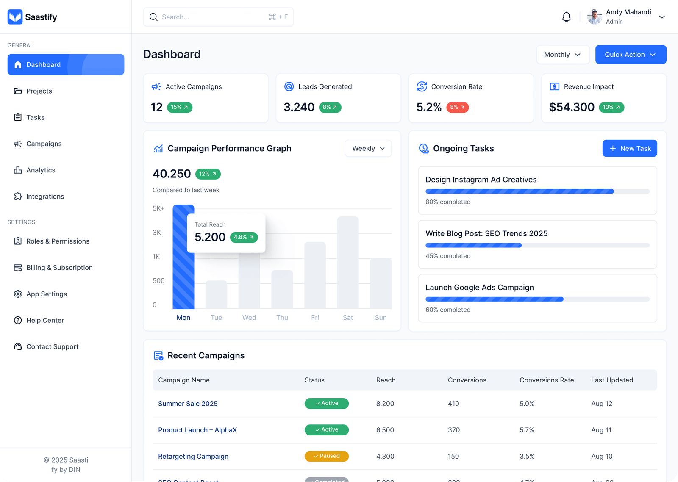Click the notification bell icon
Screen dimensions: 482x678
tap(566, 17)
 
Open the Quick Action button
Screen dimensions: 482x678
tap(631, 55)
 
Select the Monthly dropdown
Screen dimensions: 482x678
tap(563, 55)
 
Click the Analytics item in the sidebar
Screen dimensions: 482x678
tap(41, 170)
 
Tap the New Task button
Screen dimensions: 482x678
tap(630, 148)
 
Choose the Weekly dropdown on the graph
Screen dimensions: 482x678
tap(368, 149)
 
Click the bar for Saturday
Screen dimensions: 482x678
tap(348, 263)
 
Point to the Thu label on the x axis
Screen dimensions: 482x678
tap(282, 318)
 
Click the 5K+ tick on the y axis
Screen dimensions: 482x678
tap(158, 208)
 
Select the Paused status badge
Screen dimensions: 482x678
tap(326, 456)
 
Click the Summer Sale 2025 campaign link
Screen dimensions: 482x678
tap(188, 404)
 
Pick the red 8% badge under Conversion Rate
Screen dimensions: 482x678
tap(457, 107)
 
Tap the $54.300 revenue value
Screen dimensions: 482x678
tap(572, 107)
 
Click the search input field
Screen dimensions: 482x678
tap(212, 17)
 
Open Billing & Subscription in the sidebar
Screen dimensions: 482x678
tap(59, 268)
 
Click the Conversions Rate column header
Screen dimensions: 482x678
tap(547, 380)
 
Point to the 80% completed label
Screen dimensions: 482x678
tap(448, 202)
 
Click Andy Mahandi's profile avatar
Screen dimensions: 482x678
tap(595, 17)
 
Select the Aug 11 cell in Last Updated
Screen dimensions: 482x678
tap(601, 430)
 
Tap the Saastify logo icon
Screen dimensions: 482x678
tap(15, 17)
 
